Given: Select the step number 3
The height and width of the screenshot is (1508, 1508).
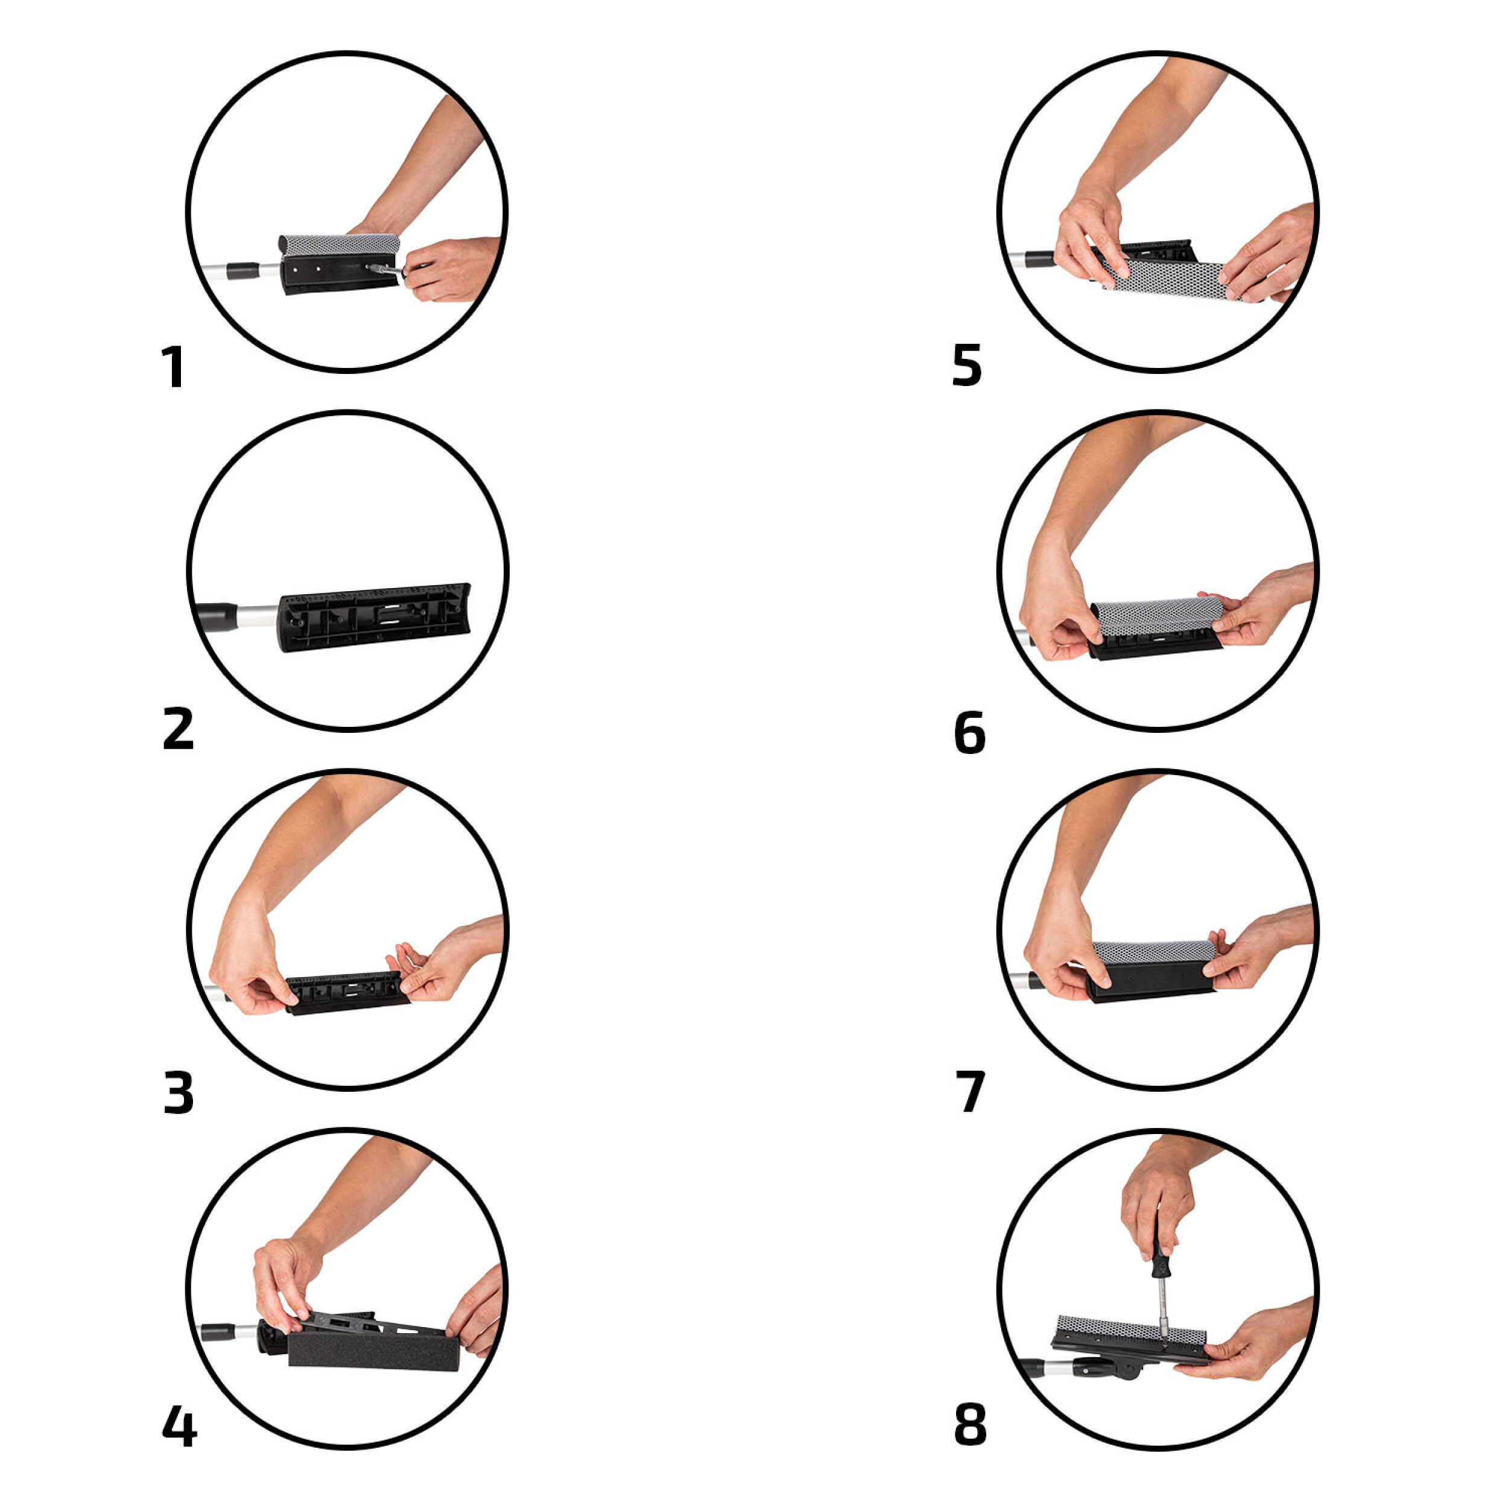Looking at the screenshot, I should pyautogui.click(x=178, y=1093).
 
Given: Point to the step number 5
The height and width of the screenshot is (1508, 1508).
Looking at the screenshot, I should pyautogui.click(x=966, y=367).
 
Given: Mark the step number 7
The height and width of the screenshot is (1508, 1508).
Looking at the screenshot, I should pyautogui.click(x=970, y=1093).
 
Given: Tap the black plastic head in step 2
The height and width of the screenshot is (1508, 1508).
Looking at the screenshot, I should pyautogui.click(x=375, y=618).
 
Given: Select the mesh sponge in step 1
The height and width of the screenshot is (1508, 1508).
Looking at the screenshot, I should pyautogui.click(x=340, y=242).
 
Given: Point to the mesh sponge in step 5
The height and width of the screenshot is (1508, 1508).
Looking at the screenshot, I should pyautogui.click(x=1171, y=277).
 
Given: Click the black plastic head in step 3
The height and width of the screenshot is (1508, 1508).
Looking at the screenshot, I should pyautogui.click(x=347, y=993).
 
